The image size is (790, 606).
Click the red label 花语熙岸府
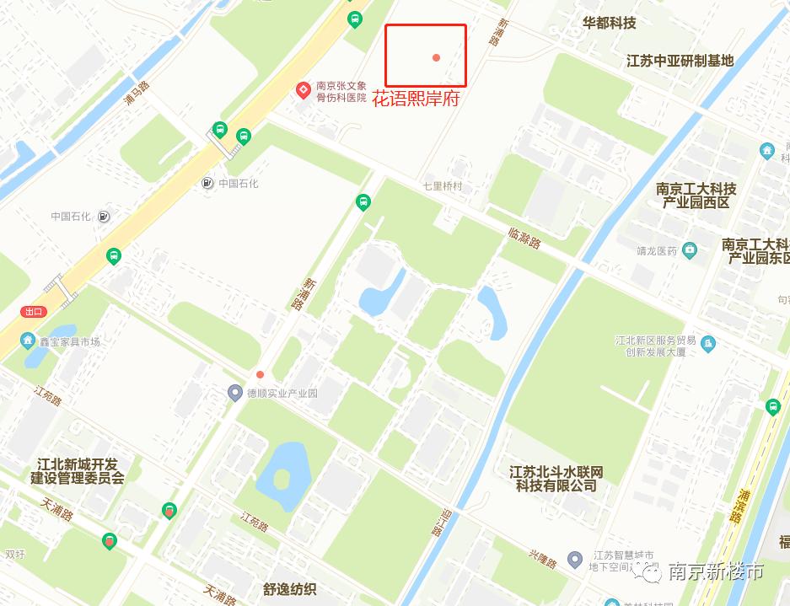point(416,98)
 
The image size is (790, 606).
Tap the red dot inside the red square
point(436,57)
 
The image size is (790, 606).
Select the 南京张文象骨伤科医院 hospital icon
point(303,90)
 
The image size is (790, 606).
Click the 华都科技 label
point(609,23)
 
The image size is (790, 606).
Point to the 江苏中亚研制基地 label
point(680,61)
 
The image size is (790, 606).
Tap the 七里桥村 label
point(443,185)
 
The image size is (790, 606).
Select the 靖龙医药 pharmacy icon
point(690,249)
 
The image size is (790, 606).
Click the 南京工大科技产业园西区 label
point(696,196)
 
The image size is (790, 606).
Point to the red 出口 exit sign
point(34,311)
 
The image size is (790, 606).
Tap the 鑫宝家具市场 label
point(70,341)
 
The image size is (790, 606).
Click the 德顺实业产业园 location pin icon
point(236,392)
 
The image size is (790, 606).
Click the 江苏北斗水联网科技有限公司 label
point(556,479)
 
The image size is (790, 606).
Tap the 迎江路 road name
point(438,522)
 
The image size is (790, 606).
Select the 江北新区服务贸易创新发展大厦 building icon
point(708,344)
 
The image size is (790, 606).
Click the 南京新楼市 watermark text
point(715,572)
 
